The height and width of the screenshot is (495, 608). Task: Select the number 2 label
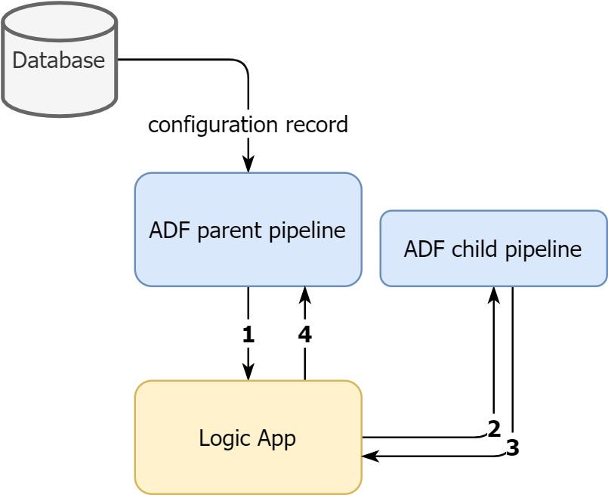click(494, 428)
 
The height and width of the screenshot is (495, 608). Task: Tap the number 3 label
click(513, 448)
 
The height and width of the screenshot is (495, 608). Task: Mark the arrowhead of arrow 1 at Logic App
click(248, 373)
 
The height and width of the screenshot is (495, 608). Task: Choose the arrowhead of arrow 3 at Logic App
click(370, 456)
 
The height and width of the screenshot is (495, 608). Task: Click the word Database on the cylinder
click(59, 60)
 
